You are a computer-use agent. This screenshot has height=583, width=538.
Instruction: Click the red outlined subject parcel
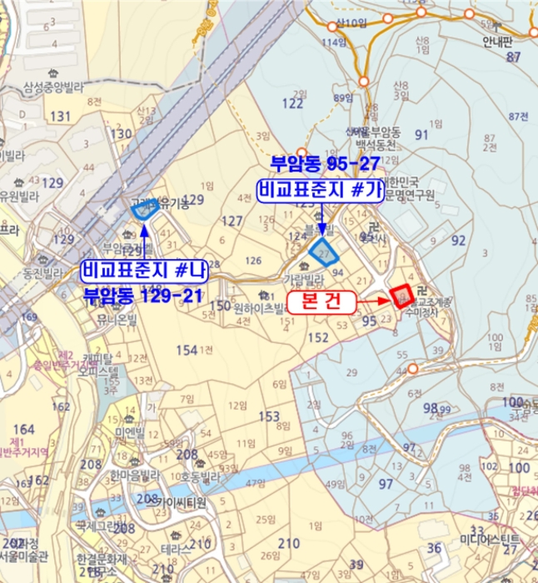click(402, 296)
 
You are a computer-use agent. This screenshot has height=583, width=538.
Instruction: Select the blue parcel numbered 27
click(323, 249)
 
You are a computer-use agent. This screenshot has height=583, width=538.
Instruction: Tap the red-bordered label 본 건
click(321, 302)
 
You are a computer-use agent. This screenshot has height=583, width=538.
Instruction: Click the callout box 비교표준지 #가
click(320, 191)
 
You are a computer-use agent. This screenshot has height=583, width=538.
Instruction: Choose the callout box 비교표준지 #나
click(143, 271)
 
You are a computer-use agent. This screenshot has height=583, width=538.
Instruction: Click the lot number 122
click(293, 103)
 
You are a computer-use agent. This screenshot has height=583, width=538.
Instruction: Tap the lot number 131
click(61, 116)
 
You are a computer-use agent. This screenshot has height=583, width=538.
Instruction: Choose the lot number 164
click(24, 429)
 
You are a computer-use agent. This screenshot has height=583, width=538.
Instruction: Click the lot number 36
click(435, 547)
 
